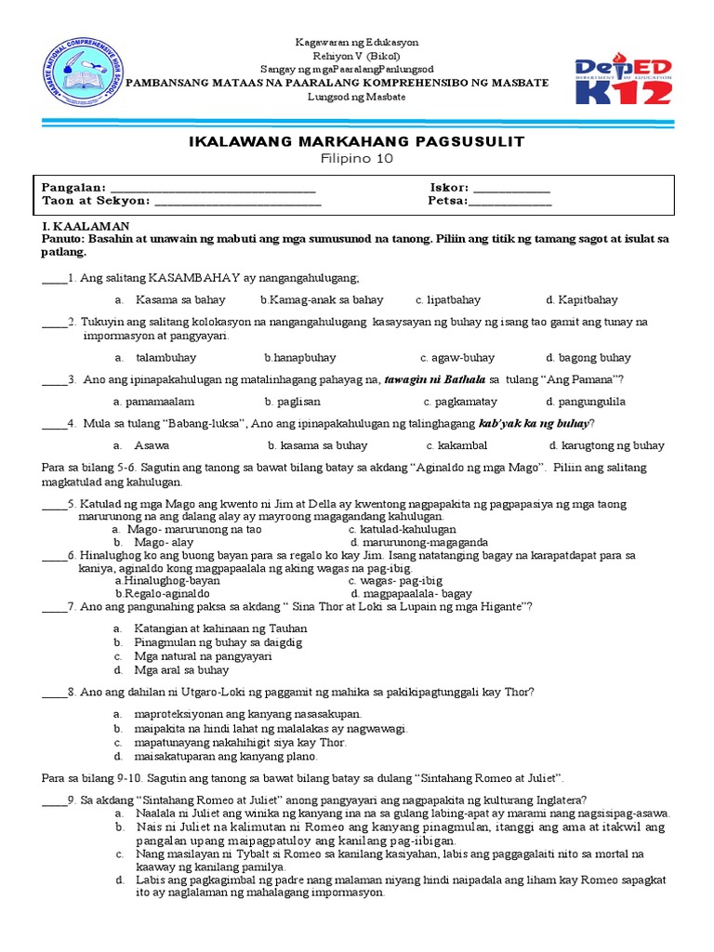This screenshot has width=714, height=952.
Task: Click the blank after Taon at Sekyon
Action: click(x=237, y=200)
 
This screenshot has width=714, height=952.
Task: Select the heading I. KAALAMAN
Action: click(x=79, y=226)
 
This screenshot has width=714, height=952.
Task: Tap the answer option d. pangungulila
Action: click(x=586, y=402)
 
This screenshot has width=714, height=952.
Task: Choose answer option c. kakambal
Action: click(x=457, y=445)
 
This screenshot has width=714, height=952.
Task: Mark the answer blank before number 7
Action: click(x=55, y=606)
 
